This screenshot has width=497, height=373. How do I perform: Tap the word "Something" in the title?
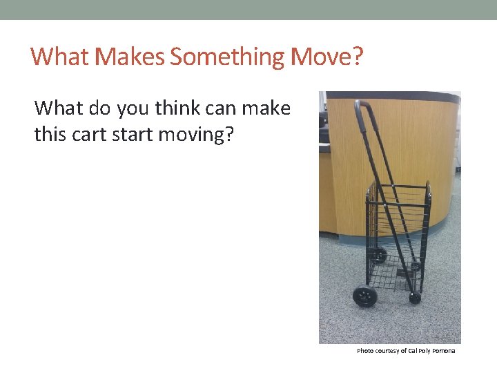pyautogui.click(x=227, y=56)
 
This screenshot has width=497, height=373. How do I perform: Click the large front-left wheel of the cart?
pyautogui.click(x=364, y=296)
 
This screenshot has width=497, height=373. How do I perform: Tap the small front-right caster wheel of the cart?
pyautogui.click(x=415, y=298)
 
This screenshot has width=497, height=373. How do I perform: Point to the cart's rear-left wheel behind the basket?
pyautogui.click(x=379, y=255)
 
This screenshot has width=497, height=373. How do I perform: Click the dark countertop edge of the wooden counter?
pyautogui.click(x=393, y=96)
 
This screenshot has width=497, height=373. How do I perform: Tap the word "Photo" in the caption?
pyautogui.click(x=364, y=351)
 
